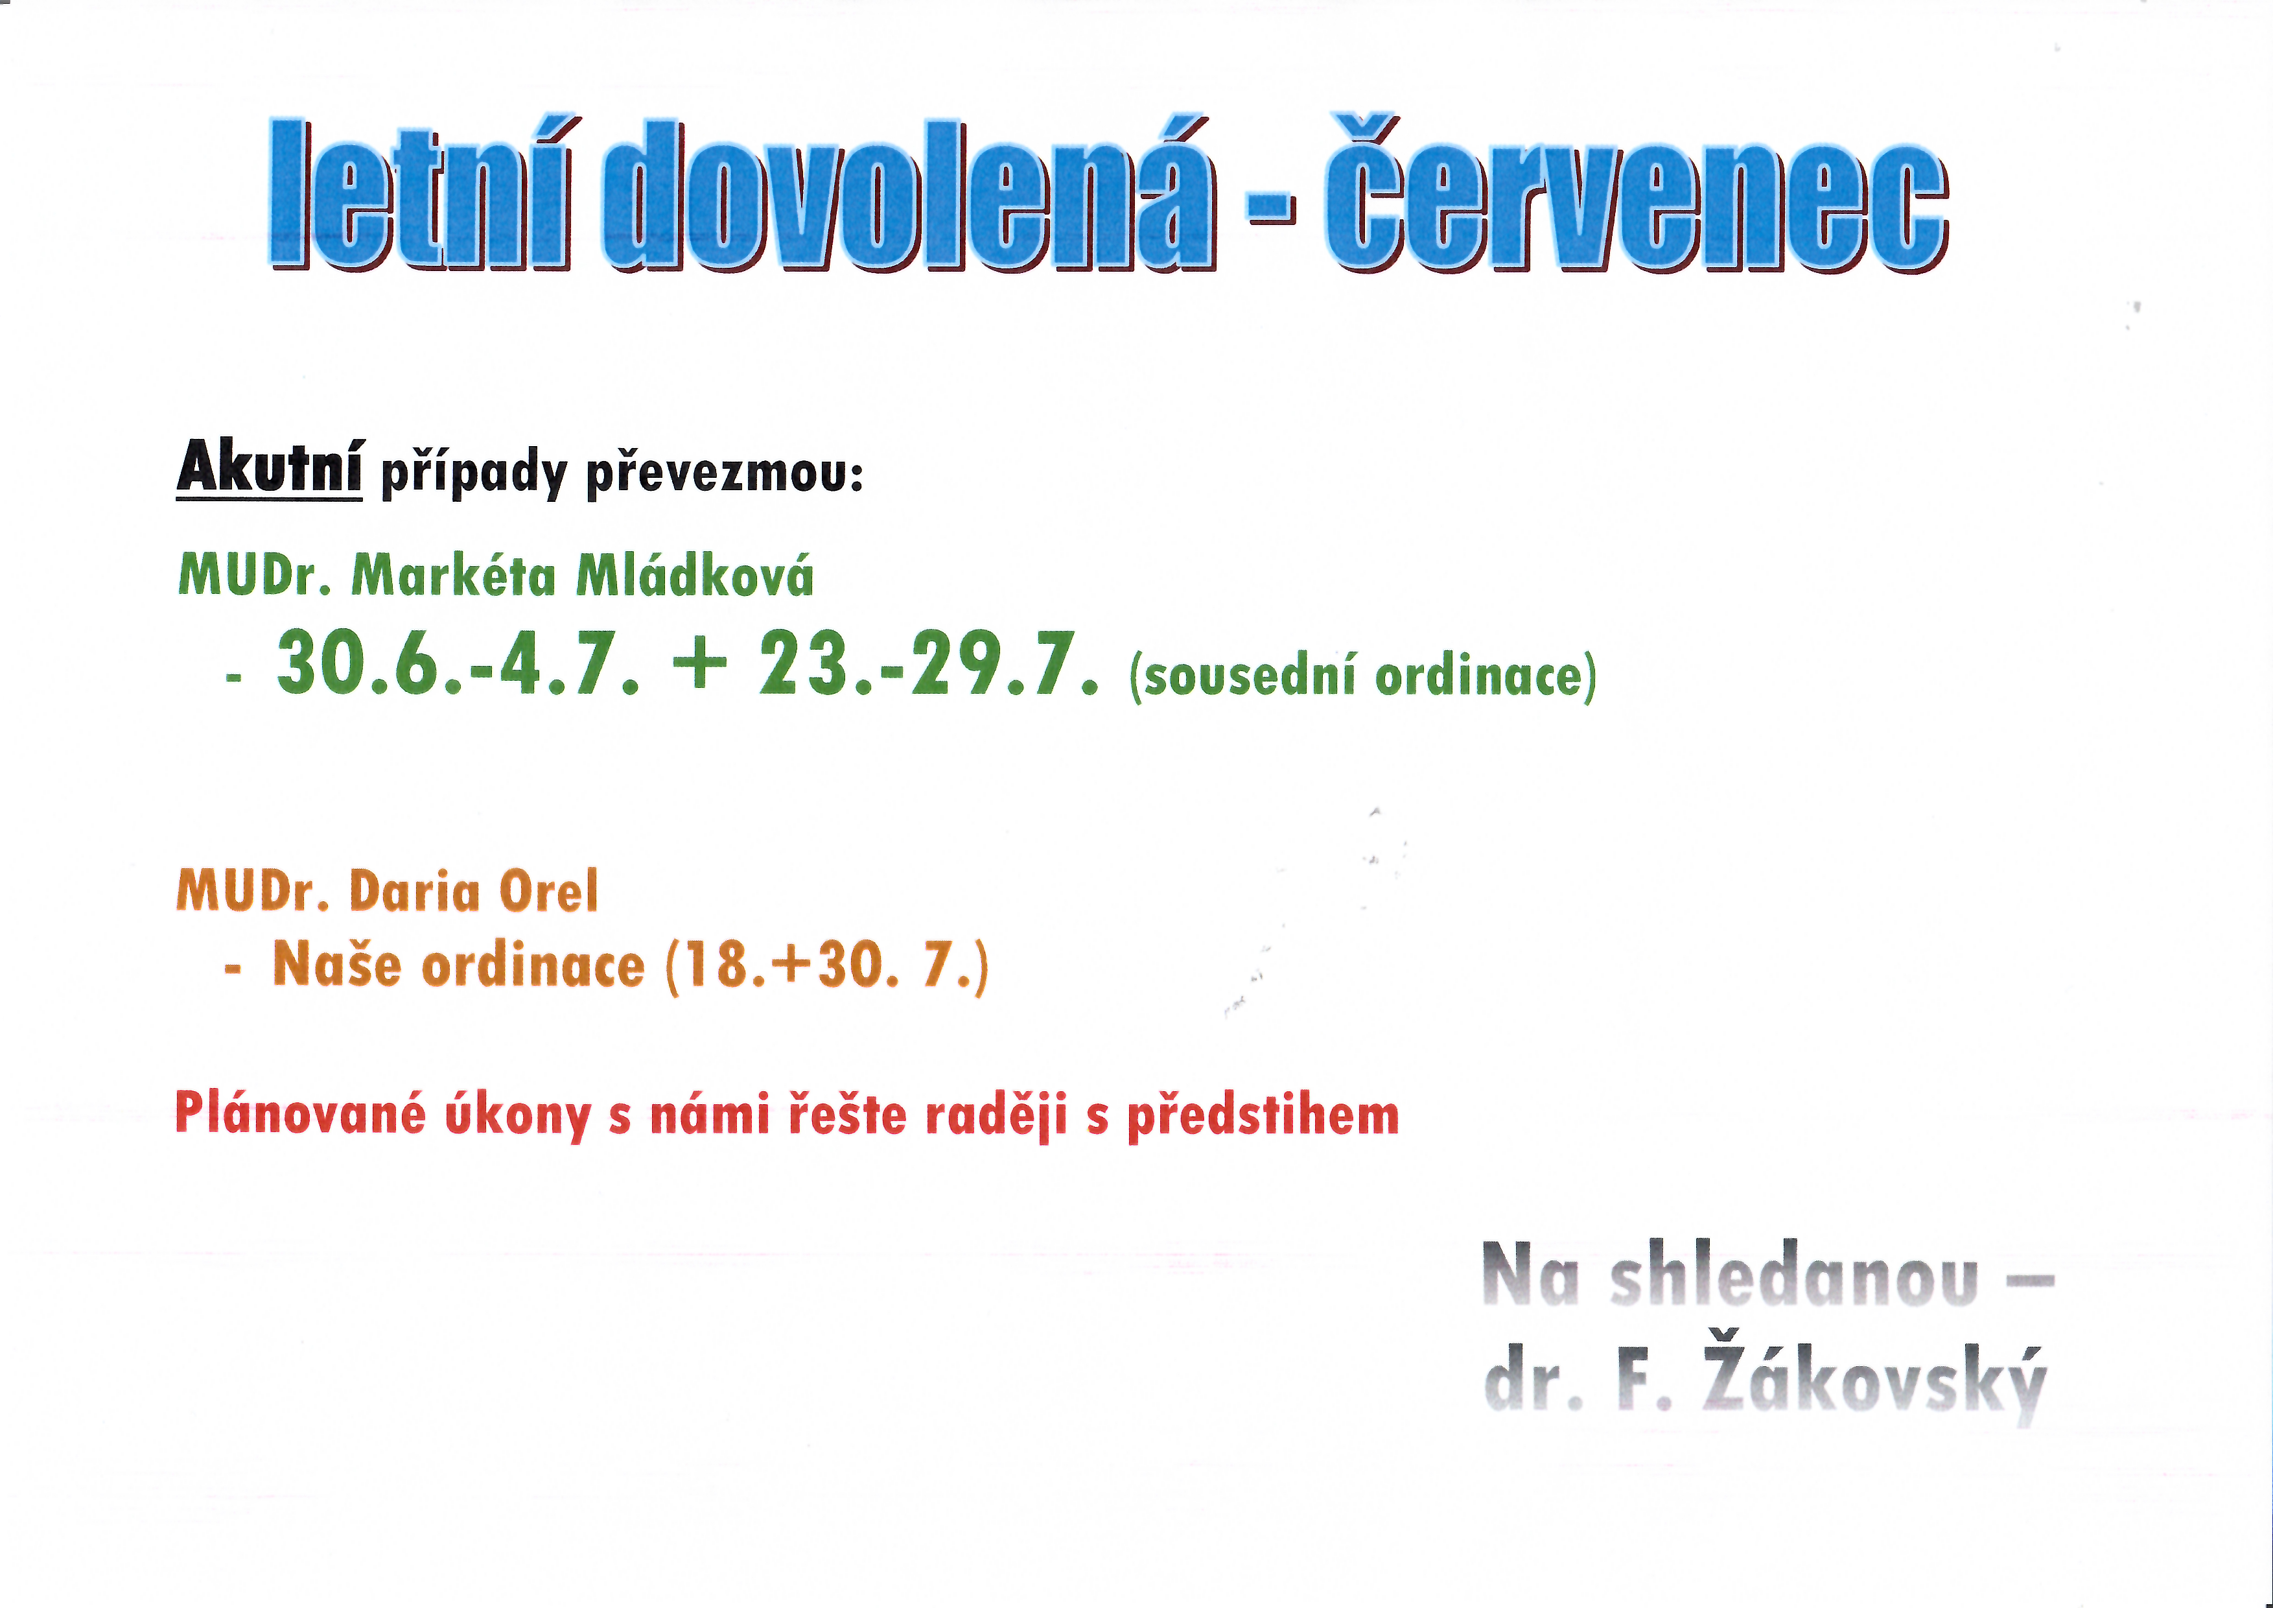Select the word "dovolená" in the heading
point(909,193)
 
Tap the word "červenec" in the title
point(1637,193)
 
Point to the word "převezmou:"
point(725,473)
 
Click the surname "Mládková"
point(695,574)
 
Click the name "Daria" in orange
point(415,890)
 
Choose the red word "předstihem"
point(1263,1116)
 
